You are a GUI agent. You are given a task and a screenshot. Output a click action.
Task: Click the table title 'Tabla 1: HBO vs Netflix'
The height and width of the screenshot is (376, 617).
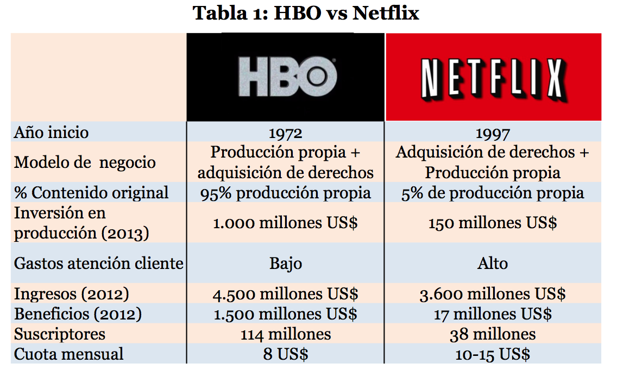[x=306, y=13]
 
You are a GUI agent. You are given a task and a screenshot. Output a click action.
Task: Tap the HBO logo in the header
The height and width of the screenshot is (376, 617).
[x=286, y=77]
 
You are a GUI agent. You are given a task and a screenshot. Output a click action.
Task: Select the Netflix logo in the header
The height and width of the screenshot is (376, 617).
[x=493, y=77]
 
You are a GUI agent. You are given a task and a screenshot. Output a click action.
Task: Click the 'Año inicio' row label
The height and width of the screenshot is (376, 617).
[x=52, y=133]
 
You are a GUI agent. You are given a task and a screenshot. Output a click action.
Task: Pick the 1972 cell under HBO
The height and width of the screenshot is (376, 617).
[x=286, y=133]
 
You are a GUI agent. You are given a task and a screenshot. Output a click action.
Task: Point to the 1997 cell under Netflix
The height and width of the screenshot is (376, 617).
[x=492, y=133]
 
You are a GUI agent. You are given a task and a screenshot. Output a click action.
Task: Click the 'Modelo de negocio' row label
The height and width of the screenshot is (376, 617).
[x=85, y=162]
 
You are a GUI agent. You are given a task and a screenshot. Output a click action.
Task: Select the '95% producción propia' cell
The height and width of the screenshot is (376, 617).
[x=286, y=193]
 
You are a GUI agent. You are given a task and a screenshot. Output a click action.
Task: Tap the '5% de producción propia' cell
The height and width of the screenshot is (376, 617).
[x=492, y=193]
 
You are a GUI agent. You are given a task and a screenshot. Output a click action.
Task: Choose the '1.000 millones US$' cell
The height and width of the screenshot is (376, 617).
[x=286, y=223]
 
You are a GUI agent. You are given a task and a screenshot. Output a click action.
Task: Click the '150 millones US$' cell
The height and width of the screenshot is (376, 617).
[x=492, y=223]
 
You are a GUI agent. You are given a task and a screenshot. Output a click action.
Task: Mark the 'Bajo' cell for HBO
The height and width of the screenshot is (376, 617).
[x=286, y=264]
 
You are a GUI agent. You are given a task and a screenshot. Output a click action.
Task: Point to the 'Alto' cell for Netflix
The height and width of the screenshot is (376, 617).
[x=493, y=264]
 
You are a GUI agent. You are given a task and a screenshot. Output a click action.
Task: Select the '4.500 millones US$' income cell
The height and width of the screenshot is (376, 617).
[x=286, y=294]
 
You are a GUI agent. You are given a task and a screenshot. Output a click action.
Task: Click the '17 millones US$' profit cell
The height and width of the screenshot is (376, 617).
[x=493, y=314]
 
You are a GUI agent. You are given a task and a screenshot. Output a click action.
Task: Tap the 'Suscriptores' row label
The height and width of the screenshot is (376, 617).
[x=60, y=334]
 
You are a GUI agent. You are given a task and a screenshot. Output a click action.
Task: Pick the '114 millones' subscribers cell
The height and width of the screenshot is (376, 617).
[x=286, y=335]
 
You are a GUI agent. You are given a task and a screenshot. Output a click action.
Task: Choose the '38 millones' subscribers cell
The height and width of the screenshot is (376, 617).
[x=493, y=335]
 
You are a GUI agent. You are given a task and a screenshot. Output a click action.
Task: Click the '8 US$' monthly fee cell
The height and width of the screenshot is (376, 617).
[x=286, y=354]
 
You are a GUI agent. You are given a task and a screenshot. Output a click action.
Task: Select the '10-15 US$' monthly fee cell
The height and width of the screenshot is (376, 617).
[x=493, y=354]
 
